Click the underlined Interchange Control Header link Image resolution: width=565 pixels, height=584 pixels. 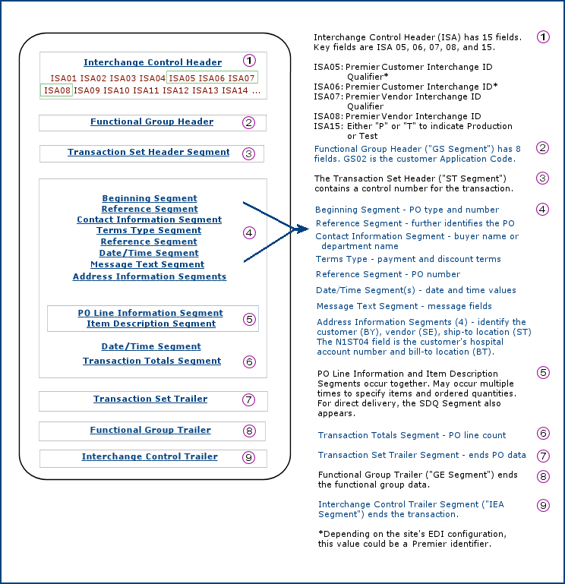(x=153, y=62)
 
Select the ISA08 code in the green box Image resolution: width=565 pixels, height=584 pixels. (x=57, y=90)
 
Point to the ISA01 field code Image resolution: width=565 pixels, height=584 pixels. (x=64, y=78)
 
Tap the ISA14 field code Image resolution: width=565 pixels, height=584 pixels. (x=235, y=90)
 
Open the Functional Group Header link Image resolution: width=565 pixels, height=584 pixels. (x=152, y=122)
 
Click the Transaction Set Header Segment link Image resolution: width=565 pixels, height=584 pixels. (x=148, y=152)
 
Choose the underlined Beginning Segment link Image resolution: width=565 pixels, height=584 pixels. (x=150, y=198)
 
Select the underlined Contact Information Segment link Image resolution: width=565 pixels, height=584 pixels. (x=149, y=219)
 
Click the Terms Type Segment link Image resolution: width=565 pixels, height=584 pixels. (x=149, y=230)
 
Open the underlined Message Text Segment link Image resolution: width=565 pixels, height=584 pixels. (x=147, y=264)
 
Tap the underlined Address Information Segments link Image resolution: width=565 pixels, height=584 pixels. (x=150, y=276)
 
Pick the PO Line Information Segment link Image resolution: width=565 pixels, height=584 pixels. (x=150, y=313)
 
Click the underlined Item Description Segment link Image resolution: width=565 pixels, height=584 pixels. (x=151, y=324)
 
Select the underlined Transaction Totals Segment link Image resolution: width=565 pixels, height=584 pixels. (x=152, y=361)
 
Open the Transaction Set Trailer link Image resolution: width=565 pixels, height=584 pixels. (x=150, y=399)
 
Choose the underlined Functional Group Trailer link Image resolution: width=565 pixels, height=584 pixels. (x=150, y=430)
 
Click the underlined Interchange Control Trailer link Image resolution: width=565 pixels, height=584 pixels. (x=150, y=456)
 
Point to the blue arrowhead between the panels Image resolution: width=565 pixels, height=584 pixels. (x=300, y=228)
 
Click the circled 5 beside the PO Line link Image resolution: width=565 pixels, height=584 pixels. (x=250, y=319)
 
